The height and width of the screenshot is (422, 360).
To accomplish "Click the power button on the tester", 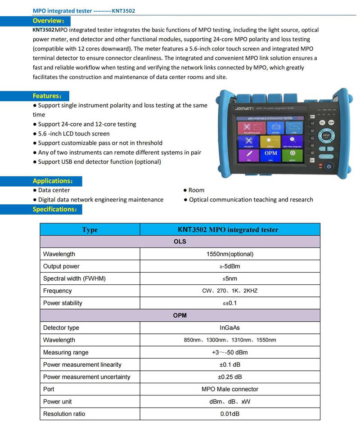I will [x=329, y=166].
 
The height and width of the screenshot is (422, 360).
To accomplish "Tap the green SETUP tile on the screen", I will [x=292, y=155].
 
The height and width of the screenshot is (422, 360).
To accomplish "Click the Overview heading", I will [x=48, y=21].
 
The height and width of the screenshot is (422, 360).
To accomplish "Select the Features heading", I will [x=46, y=96].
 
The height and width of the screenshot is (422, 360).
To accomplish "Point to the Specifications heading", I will [x=55, y=209].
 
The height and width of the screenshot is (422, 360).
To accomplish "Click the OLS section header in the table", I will [x=180, y=242].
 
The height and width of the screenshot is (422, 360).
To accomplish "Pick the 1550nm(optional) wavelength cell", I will [x=229, y=254].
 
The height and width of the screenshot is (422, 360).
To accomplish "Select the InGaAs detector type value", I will [x=229, y=328].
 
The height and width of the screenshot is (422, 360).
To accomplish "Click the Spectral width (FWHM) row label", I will [x=74, y=278].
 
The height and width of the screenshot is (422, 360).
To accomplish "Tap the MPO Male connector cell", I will [x=229, y=389].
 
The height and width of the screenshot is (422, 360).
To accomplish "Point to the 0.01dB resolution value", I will [x=229, y=414].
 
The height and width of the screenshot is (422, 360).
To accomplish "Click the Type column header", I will [x=90, y=229].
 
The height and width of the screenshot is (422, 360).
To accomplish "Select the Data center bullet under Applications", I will [x=54, y=190].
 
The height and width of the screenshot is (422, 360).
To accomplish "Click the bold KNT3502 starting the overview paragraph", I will [x=44, y=30].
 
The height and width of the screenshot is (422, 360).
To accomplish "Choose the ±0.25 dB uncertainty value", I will [x=229, y=377].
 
